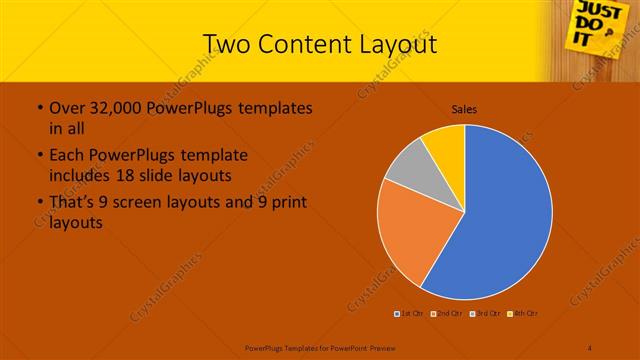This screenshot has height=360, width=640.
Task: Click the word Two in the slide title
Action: pyautogui.click(x=224, y=44)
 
